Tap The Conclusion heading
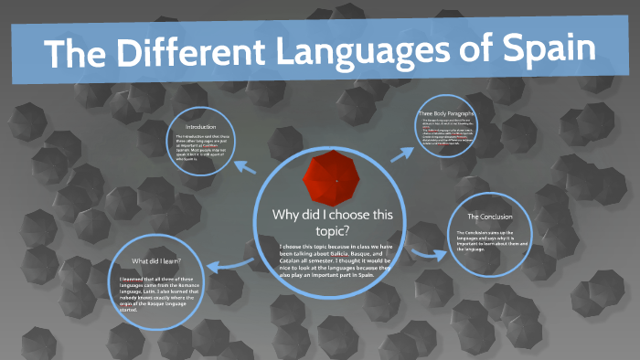(x=489, y=217)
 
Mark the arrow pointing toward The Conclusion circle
(x=421, y=252)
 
